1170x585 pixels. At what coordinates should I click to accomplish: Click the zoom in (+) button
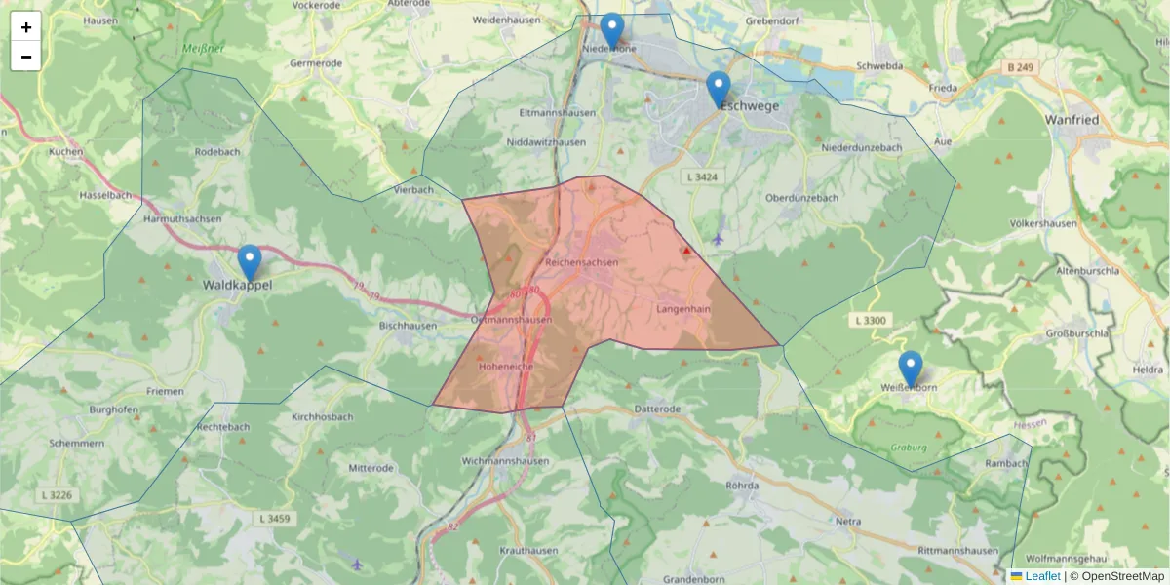(26, 27)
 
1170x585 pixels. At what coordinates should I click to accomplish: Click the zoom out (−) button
(26, 57)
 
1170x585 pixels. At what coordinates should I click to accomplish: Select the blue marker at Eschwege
(719, 90)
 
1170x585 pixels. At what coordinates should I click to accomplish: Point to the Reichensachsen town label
(582, 263)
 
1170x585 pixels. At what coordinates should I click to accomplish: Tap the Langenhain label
(683, 308)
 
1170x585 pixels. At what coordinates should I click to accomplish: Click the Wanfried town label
(1072, 119)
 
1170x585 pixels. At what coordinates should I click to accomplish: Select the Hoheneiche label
(506, 368)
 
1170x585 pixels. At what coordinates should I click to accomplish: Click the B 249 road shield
(1020, 67)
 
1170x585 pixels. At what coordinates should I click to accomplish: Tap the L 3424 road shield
(702, 176)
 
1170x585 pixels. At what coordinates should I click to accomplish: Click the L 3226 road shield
(58, 495)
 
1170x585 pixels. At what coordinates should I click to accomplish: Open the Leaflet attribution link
(1041, 576)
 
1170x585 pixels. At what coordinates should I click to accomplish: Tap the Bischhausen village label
(408, 325)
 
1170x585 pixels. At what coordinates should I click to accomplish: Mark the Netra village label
(848, 521)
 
